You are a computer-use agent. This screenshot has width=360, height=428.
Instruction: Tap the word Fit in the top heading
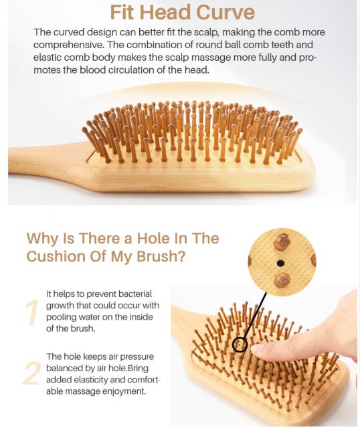point(122,13)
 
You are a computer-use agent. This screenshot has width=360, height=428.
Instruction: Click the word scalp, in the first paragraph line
point(206,32)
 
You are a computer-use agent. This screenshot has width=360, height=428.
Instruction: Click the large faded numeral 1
point(32,312)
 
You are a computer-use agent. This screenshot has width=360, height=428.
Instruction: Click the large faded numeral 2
point(31,373)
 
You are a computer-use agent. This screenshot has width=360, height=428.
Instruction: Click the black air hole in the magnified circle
point(280,263)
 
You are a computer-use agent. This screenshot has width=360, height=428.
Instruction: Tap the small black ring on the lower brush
point(240,344)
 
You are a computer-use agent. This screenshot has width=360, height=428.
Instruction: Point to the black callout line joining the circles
point(254,316)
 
